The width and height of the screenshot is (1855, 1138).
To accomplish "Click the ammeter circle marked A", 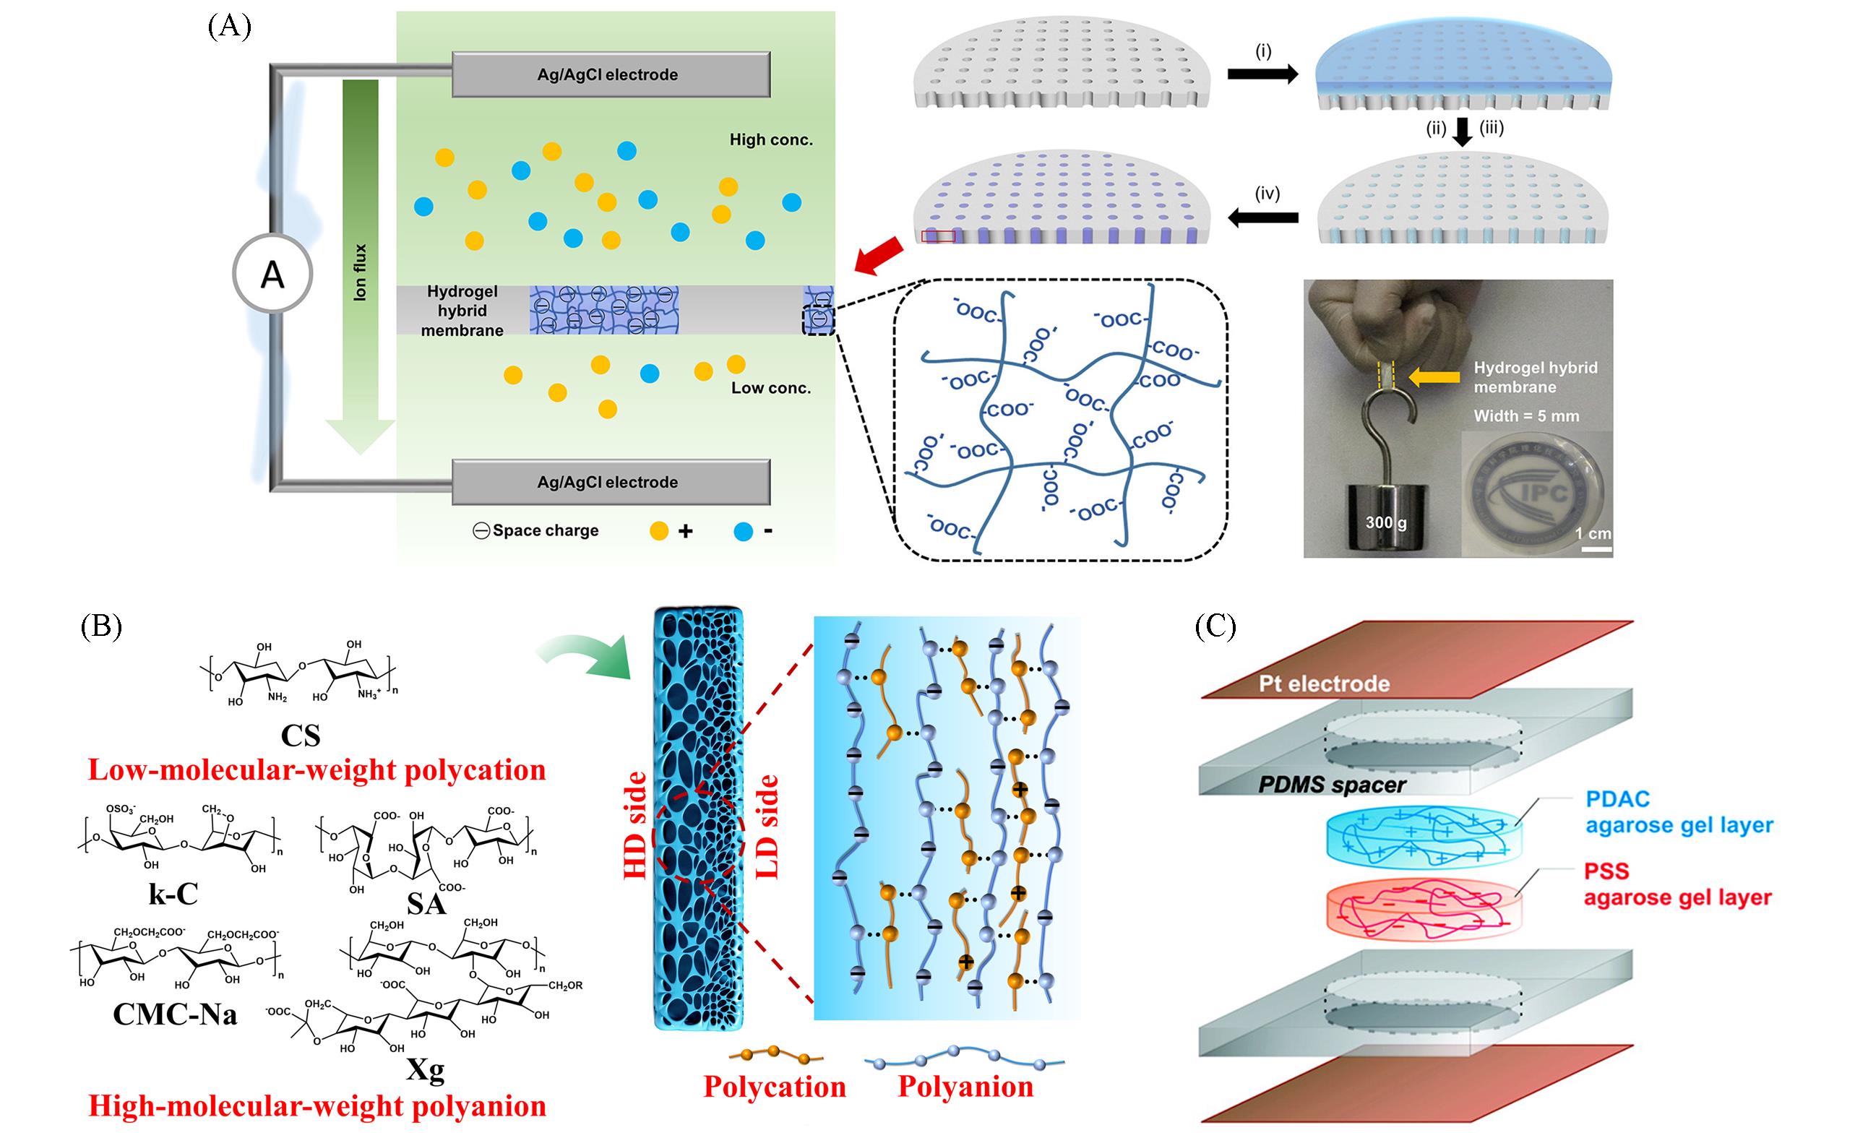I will pyautogui.click(x=272, y=275).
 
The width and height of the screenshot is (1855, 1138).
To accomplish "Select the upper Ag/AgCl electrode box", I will pyautogui.click(x=610, y=74).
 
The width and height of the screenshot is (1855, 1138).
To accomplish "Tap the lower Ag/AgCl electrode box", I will pyautogui.click(x=610, y=483).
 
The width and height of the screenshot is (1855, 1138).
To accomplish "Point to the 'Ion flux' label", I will pyautogui.click(x=361, y=272).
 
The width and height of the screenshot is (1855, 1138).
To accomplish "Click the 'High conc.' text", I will pyautogui.click(x=771, y=140).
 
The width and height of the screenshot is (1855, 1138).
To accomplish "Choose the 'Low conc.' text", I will pyautogui.click(x=771, y=389).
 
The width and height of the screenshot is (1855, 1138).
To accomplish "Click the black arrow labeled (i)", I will pyautogui.click(x=1262, y=74).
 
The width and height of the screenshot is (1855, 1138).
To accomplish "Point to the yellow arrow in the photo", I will pyautogui.click(x=1435, y=376).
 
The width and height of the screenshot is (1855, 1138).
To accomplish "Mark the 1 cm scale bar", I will pyautogui.click(x=1596, y=549).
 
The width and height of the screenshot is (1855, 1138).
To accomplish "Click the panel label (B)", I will pyautogui.click(x=101, y=626).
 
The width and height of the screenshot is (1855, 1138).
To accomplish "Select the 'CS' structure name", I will pyautogui.click(x=301, y=736).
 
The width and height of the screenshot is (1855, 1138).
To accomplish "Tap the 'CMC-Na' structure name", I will pyautogui.click(x=175, y=1014).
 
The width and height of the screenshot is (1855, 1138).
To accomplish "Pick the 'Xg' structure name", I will pyautogui.click(x=426, y=1069).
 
